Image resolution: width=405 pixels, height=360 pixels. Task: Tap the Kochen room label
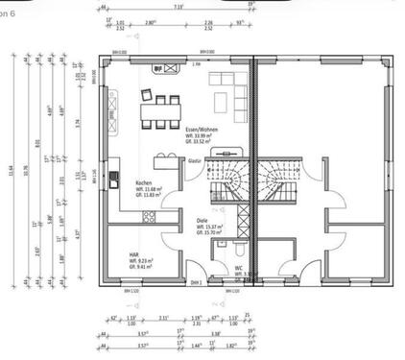pos(145,182)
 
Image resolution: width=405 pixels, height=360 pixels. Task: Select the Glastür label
pos(194,161)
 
